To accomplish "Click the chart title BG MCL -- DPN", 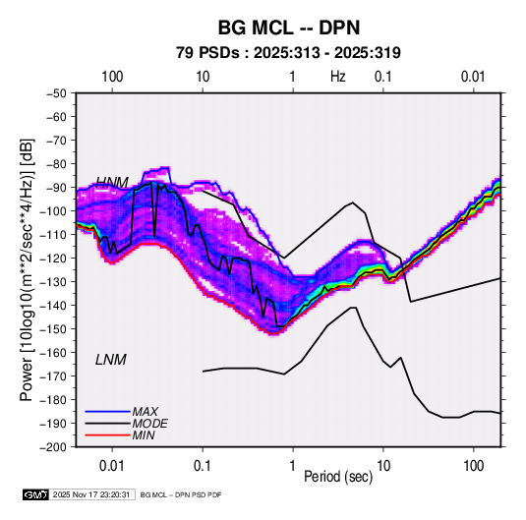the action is pos(289,28).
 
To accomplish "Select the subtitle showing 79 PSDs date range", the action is pos(288,53).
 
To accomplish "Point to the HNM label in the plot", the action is pos(112,183).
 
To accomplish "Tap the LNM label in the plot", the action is pos(111,360).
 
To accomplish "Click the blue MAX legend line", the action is pos(107,411).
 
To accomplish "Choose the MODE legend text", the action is pos(150,424).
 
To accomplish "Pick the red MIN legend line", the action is pos(107,435).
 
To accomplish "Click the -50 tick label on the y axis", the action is pos(56,93).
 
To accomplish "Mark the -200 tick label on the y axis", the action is pos(54,447).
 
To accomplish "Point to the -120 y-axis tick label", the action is pos(54,259).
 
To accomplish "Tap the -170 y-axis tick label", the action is pos(54,376).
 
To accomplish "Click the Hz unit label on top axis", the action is pos(338,77).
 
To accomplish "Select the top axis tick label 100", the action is pos(112,77).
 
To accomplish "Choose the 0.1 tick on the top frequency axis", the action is pos(382,77).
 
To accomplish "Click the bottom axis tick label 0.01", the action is pos(112,466).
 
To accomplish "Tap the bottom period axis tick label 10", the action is pos(383,466).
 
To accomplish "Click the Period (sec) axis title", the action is pos(338,477).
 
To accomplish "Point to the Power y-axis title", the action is pos(28,269).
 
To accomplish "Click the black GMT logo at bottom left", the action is pos(36,494).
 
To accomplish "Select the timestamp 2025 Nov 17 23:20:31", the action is pos(91,494).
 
